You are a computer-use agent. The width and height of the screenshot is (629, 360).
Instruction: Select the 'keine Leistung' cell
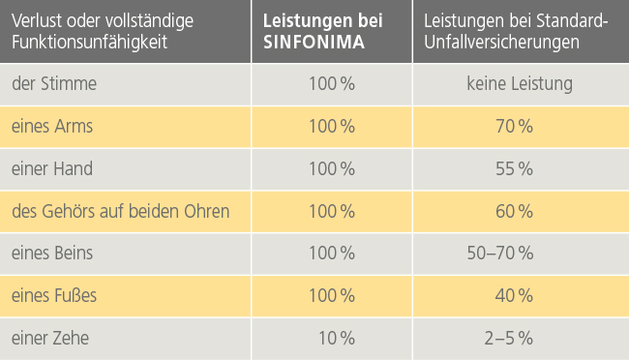[519, 84]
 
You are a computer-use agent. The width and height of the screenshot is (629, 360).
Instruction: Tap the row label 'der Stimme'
[54, 84]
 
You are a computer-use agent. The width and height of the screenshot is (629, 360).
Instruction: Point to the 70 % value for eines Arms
[514, 127]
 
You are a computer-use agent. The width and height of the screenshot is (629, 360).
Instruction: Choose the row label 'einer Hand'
[52, 168]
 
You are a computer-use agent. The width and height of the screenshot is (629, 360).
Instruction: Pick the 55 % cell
[514, 168]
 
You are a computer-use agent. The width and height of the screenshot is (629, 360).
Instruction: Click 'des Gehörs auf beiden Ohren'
[121, 211]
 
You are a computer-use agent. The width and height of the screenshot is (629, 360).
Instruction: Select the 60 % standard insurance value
[514, 211]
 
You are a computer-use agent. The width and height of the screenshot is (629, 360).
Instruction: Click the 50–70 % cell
[500, 254]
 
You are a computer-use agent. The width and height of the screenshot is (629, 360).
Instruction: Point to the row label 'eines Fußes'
[54, 295]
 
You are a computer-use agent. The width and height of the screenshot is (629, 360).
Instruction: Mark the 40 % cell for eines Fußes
[514, 295]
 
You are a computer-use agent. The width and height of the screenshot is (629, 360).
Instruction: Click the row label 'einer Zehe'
[52, 338]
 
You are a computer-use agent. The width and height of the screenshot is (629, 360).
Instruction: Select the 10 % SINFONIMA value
[336, 338]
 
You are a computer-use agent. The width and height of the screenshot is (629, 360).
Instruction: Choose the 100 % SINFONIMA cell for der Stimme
[331, 84]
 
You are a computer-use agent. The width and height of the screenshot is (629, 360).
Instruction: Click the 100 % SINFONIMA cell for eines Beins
[331, 254]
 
